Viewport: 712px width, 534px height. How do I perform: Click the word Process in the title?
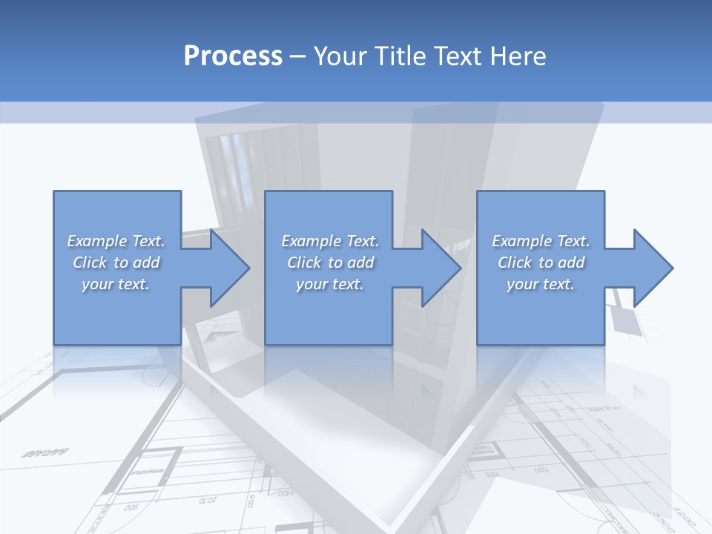tap(233, 56)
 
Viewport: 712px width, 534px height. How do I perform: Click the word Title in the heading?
tap(398, 56)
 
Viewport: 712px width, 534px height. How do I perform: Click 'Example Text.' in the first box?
tap(116, 241)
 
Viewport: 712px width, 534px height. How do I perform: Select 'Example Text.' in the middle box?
tap(330, 241)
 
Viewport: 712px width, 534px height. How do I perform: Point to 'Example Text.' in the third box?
tap(541, 241)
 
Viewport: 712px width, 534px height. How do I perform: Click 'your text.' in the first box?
tap(116, 284)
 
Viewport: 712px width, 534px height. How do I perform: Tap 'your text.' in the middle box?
tap(330, 284)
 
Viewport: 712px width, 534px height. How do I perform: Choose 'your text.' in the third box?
tap(541, 284)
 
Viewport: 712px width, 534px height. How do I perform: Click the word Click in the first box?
tap(90, 263)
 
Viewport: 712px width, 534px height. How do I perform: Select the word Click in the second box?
tap(304, 263)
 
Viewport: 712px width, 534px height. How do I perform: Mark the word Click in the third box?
tap(515, 263)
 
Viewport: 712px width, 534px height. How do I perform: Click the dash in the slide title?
tap(298, 56)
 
